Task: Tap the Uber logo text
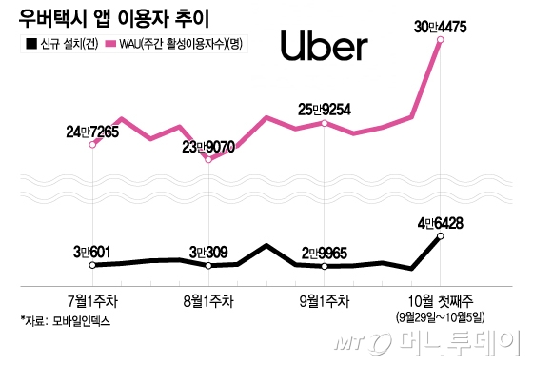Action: coord(326,46)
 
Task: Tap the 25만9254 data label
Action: coord(325,109)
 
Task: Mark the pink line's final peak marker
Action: coord(439,40)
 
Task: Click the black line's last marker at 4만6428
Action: coord(439,236)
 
